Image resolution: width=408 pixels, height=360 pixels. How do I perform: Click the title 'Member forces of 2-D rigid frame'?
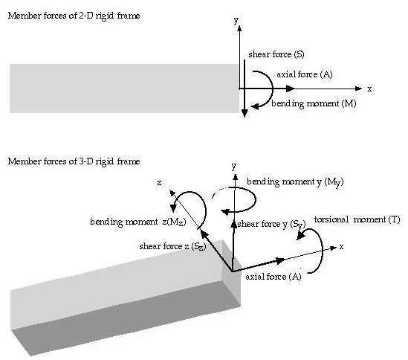point(74,16)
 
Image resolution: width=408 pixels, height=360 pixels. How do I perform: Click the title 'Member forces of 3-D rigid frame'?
point(74,161)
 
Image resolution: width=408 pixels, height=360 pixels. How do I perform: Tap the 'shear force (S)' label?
point(276,54)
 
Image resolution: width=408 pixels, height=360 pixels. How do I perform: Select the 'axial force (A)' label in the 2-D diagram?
point(305,74)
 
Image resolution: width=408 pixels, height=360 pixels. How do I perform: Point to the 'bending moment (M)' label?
point(314,103)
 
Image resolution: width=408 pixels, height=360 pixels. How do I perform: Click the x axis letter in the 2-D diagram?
point(369,89)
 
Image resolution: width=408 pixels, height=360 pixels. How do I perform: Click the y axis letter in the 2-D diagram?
point(236,20)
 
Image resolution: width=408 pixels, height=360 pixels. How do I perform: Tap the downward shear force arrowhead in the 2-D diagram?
point(245,113)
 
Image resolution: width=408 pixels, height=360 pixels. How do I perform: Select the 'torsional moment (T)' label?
point(357,219)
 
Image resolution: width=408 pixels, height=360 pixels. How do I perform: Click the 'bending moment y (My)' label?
point(295,181)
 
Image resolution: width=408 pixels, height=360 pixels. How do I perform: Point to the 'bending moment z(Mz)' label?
point(138,222)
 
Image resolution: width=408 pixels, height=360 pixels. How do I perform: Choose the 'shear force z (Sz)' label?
point(172,246)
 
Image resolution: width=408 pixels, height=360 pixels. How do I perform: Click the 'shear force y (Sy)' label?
point(271,225)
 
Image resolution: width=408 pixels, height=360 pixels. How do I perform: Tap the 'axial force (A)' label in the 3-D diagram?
point(273,277)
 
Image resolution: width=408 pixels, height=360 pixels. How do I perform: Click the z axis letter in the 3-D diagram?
point(159,183)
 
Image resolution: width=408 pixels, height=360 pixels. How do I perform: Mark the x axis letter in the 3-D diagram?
point(341,246)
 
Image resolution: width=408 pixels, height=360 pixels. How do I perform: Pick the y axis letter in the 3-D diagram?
point(234,166)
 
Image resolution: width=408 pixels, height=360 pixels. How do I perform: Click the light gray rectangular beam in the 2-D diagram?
point(124,89)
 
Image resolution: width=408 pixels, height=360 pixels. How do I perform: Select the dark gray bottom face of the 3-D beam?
point(125,318)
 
